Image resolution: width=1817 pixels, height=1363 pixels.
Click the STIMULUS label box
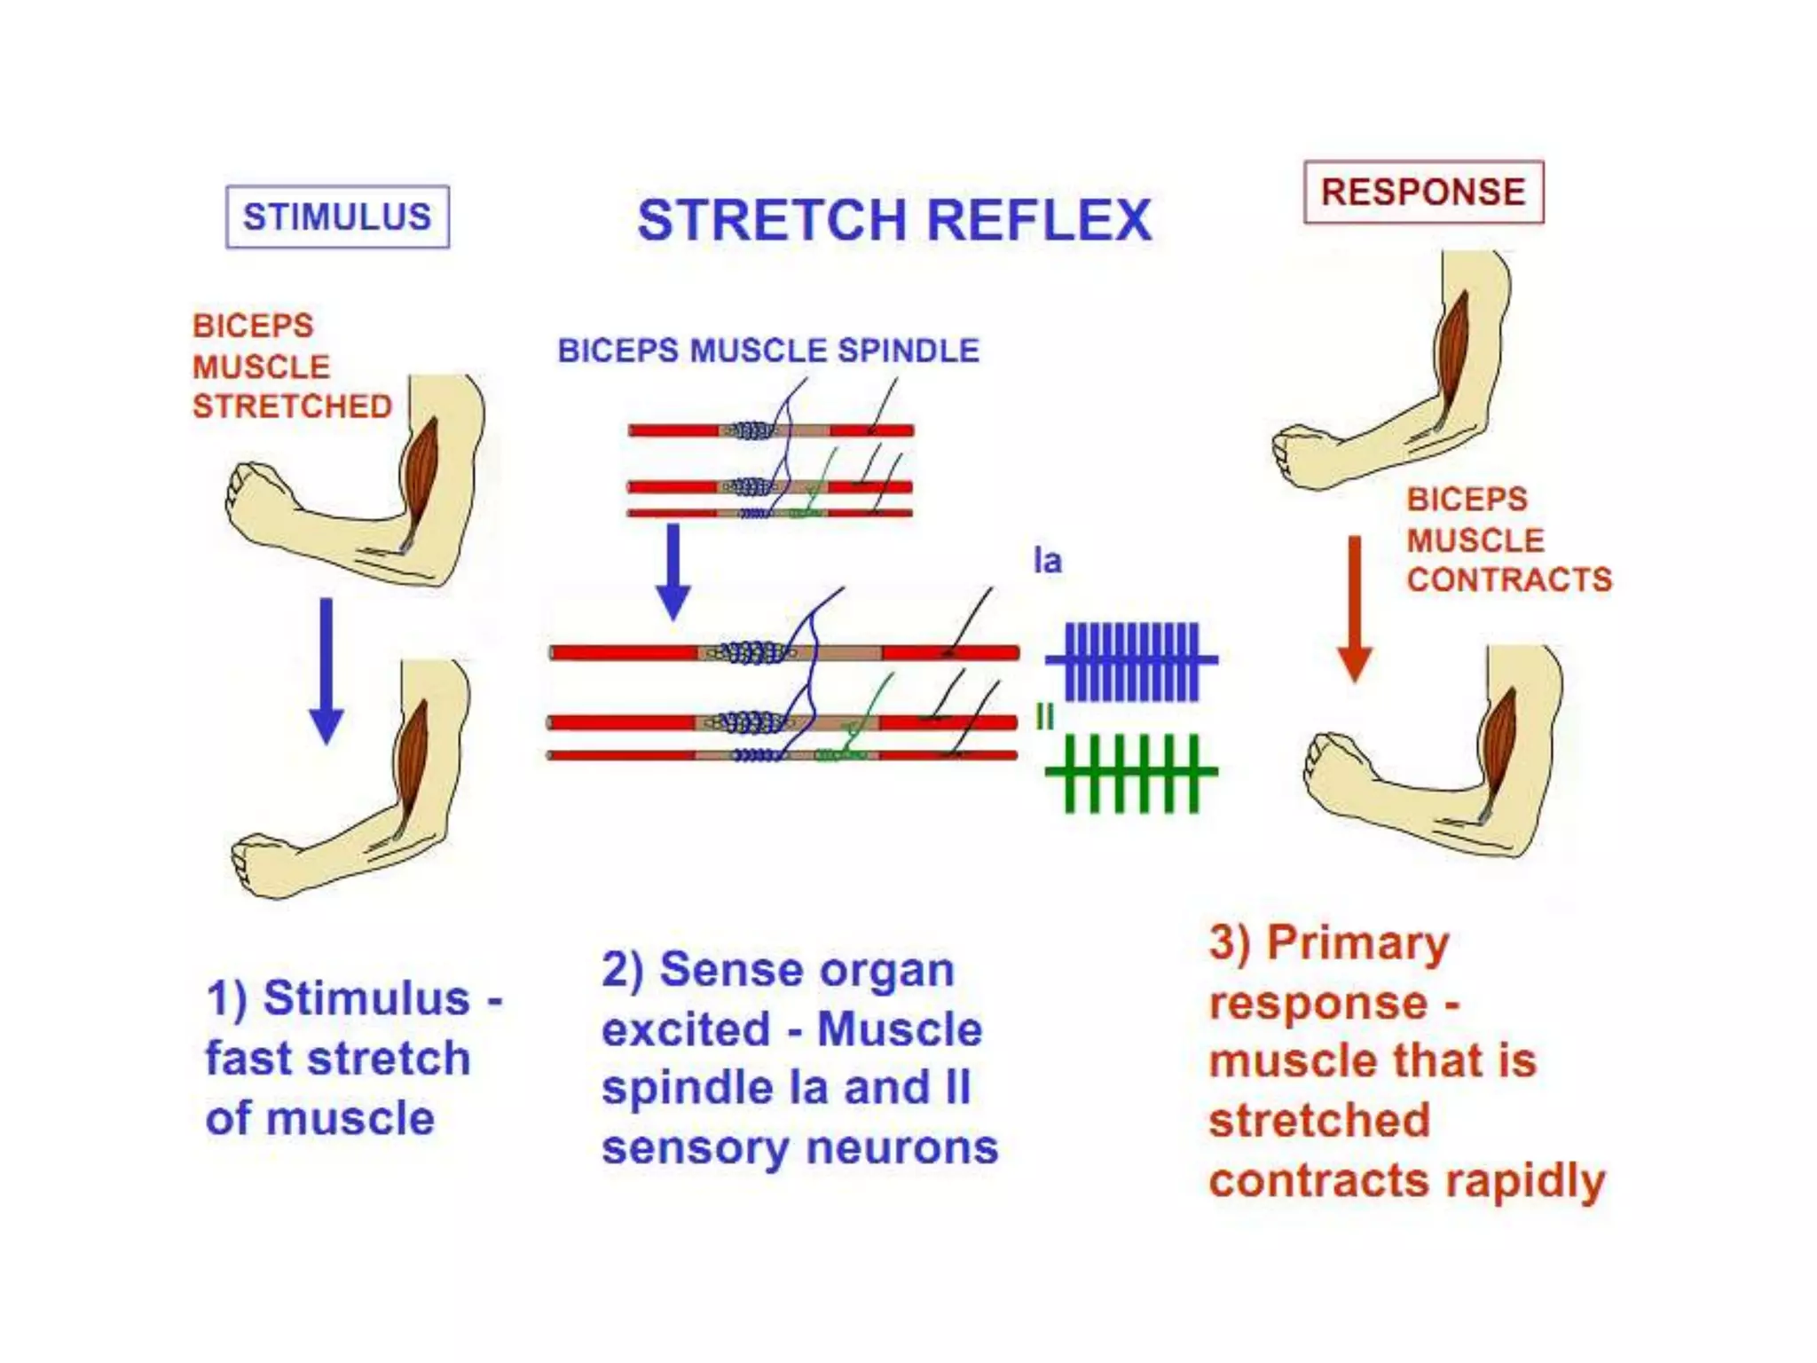(x=337, y=217)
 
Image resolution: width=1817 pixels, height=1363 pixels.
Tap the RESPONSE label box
(x=1423, y=192)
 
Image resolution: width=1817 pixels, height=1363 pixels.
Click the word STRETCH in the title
(x=772, y=220)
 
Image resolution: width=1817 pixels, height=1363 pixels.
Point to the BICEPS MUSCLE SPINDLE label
(x=768, y=351)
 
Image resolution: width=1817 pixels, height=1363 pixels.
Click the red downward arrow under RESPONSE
(x=1355, y=609)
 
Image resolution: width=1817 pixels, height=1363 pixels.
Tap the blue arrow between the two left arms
(x=326, y=670)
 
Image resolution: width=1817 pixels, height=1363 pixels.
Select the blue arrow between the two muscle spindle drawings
(x=673, y=571)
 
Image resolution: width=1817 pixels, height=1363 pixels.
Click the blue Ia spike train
(x=1132, y=661)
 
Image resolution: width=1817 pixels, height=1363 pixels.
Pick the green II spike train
(x=1132, y=773)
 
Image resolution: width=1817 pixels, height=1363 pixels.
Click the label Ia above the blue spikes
(x=1048, y=561)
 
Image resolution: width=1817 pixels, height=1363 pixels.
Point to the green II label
(x=1045, y=717)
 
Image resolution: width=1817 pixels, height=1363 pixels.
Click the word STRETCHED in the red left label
(x=293, y=406)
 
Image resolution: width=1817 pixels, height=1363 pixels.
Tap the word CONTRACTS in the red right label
(x=1509, y=579)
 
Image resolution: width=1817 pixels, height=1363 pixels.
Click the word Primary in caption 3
(x=1357, y=942)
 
